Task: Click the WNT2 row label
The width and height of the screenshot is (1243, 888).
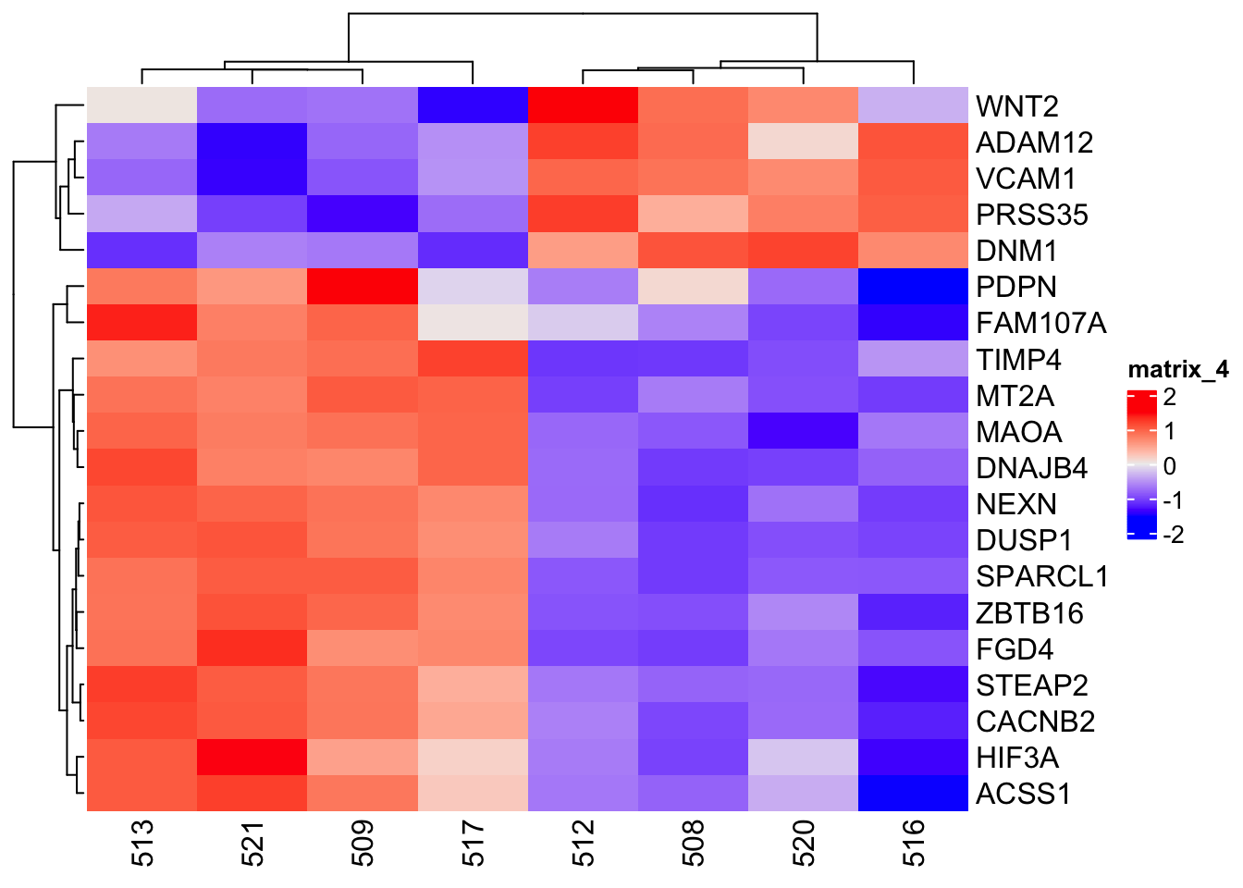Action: click(1016, 106)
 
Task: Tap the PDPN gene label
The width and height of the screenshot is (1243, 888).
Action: click(1015, 287)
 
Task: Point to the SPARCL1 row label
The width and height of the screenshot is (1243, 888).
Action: click(1041, 576)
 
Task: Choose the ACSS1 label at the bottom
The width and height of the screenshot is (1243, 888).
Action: click(1023, 794)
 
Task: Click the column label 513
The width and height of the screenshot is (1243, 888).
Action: click(142, 843)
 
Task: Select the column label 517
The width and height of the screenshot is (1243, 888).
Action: click(473, 843)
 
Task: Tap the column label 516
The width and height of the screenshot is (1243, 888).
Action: click(913, 843)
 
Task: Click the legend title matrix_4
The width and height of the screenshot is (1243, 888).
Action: click(1178, 370)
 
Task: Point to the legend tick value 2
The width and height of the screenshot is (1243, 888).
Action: click(1170, 398)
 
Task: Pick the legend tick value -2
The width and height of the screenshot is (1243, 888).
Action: click(1174, 535)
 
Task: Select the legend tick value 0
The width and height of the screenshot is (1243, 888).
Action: click(1170, 466)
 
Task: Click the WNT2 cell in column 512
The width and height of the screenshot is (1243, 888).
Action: click(583, 105)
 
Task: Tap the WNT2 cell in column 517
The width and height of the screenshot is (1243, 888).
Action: click(473, 105)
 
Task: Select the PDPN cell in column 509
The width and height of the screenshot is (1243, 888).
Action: click(363, 287)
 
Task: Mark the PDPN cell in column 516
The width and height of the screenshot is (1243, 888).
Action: click(913, 287)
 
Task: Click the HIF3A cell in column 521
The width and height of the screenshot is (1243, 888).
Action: click(252, 758)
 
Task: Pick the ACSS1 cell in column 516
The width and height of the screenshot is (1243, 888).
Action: click(913, 794)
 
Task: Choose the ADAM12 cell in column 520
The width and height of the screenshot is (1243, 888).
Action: click(803, 142)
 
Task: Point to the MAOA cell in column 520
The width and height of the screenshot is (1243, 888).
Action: click(803, 431)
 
